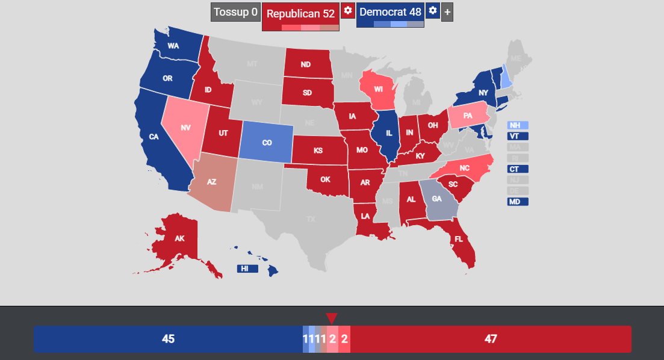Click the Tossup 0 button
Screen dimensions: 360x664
coord(235,12)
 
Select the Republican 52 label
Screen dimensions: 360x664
coord(300,13)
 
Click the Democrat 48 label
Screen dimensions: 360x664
coord(390,12)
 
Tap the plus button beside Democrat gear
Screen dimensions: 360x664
coord(447,12)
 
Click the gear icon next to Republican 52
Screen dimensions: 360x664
coord(347,11)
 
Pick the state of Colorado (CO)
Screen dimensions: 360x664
coord(267,143)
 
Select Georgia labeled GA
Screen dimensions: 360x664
coord(436,199)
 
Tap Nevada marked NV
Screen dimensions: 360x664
coord(187,128)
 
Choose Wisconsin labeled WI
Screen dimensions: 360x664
coord(378,89)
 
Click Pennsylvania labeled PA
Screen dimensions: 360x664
coord(467,116)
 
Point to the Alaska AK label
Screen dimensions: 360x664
coord(179,238)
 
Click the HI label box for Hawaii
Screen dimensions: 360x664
coord(247,268)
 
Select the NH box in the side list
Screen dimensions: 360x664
coord(517,125)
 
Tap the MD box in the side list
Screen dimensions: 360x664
coord(517,202)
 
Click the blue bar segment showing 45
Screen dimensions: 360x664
coord(168,339)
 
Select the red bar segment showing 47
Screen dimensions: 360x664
coord(491,339)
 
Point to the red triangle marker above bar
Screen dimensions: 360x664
coord(331,318)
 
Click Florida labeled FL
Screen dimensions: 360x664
coord(459,239)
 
